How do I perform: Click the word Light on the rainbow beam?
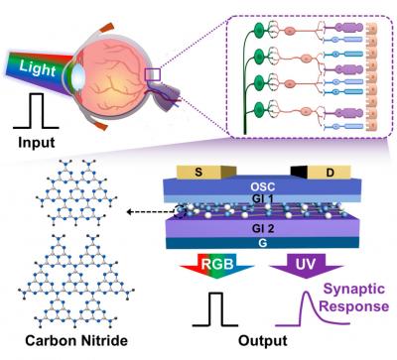(38, 68)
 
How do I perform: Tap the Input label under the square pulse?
(37, 143)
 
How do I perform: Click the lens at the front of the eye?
(77, 75)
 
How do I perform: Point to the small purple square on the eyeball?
(153, 74)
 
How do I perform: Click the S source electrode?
(199, 172)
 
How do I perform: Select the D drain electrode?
(330, 172)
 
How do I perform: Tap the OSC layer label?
(263, 186)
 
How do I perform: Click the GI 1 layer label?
(263, 199)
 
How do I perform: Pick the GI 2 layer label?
(263, 229)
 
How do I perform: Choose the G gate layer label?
(263, 243)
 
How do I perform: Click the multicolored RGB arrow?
(217, 266)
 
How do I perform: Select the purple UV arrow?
(307, 266)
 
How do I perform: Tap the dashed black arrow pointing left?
(152, 212)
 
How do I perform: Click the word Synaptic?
(354, 289)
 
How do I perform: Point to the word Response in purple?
(353, 306)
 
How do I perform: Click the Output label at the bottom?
(263, 341)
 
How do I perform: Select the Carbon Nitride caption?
(76, 340)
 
